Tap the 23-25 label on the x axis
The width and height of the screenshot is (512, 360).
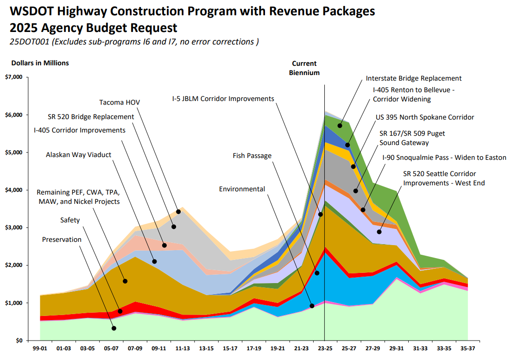click(x=324, y=347)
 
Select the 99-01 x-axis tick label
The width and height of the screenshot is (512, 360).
click(x=40, y=347)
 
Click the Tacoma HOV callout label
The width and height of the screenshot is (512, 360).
click(x=119, y=102)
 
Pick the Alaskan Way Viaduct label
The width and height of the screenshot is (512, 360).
click(x=78, y=155)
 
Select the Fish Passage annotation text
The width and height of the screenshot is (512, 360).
click(x=252, y=156)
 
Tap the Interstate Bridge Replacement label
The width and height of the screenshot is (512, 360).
click(x=413, y=79)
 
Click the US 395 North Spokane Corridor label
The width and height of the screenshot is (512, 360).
click(x=427, y=117)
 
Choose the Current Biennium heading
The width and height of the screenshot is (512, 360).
click(x=304, y=68)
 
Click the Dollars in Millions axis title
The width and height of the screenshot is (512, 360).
click(x=40, y=63)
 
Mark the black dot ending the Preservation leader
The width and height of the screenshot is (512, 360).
click(x=114, y=328)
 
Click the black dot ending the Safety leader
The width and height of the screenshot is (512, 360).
click(x=120, y=311)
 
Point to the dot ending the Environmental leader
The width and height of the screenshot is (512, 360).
click(x=312, y=306)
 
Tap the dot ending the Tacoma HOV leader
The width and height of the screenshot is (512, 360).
click(x=178, y=212)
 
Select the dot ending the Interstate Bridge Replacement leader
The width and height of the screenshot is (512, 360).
click(x=340, y=126)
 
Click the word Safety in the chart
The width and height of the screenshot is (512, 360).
click(x=70, y=220)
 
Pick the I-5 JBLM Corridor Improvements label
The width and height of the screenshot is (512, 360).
click(x=222, y=99)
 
